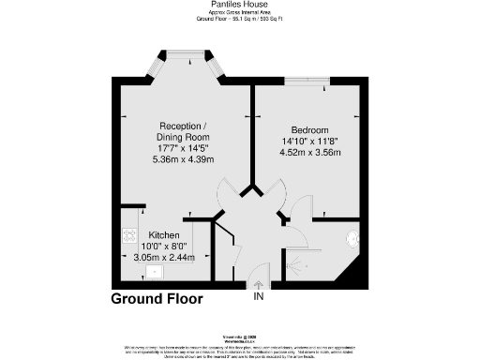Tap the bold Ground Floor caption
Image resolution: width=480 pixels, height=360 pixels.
[x=157, y=299]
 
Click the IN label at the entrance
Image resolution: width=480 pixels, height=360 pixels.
[x=258, y=298]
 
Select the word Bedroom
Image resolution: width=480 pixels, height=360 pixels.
[x=309, y=130]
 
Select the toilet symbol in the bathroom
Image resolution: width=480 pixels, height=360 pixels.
[x=352, y=238]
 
